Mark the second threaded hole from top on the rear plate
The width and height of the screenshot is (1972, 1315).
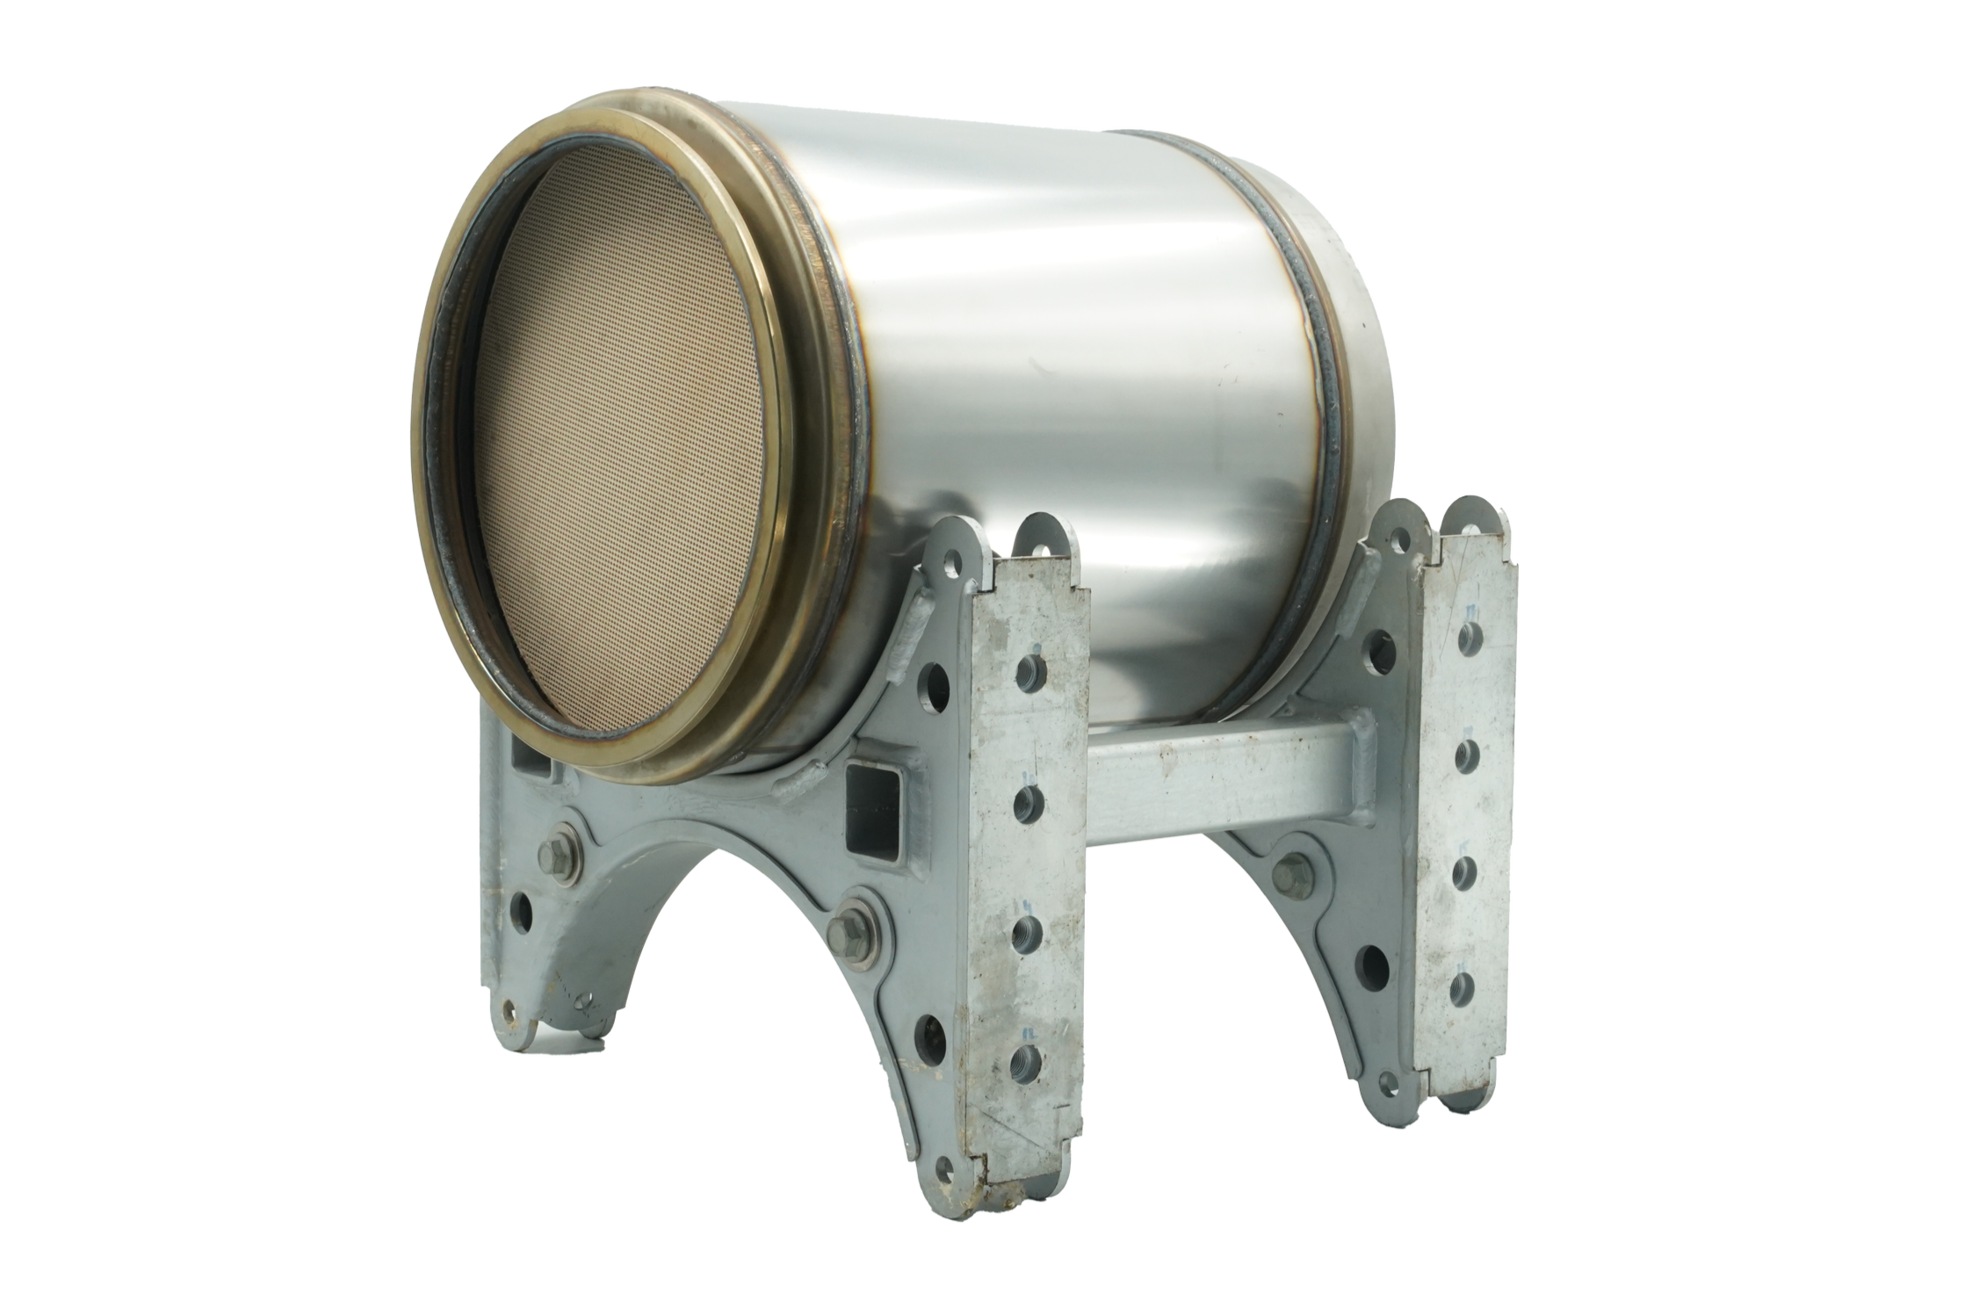pyautogui.click(x=1464, y=755)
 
